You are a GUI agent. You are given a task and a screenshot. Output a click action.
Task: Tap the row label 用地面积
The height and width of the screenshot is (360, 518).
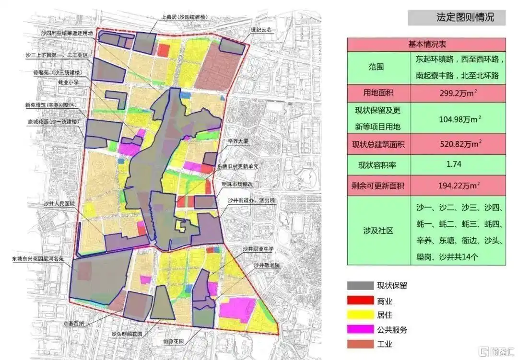(378, 93)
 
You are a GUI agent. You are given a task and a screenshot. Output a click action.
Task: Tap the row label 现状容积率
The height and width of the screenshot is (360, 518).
(378, 164)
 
